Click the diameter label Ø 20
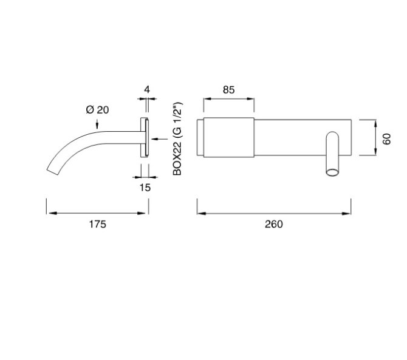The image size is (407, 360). pos(97,109)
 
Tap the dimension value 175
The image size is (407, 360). pos(97,224)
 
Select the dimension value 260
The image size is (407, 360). pos(274,224)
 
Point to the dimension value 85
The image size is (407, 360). pos(228,90)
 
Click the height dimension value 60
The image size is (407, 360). pos(386,138)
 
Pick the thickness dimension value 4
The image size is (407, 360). pos(146,90)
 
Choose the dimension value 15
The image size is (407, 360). pos(145,188)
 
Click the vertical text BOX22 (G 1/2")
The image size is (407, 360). pos(177,140)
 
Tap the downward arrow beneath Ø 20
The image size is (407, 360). pos(97,125)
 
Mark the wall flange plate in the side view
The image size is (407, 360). pos(145,138)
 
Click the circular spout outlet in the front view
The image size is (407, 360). pos(332,174)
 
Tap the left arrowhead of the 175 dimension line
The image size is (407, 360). pos(49,213)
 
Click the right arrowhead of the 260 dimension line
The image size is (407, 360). pos(349,213)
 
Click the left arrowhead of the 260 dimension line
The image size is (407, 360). pos(200,213)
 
